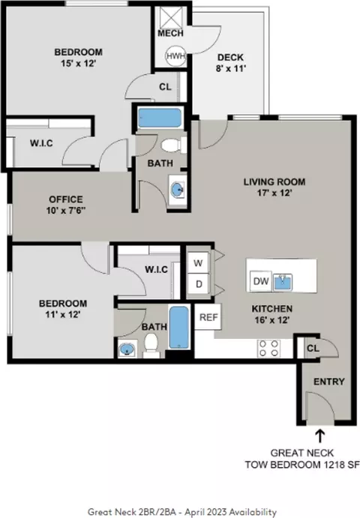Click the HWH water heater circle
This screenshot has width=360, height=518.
coord(175,55)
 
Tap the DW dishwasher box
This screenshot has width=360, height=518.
coord(261,281)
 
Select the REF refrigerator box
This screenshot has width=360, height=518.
coord(208,317)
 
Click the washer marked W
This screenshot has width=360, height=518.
coord(198,263)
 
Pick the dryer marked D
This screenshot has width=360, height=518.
coord(198,284)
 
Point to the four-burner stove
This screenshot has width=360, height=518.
coord(268,348)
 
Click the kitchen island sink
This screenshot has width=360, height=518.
coord(282,282)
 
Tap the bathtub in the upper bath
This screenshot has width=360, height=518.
coord(160,118)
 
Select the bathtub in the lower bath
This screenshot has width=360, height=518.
coord(178,328)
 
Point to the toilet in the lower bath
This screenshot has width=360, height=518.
coord(151,346)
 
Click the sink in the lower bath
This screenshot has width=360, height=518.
coord(127,349)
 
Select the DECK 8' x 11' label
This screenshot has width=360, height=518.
coord(231,63)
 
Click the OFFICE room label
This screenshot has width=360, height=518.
coord(66,199)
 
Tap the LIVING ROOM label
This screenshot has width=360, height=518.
coord(274,181)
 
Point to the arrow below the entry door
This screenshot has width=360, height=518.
coord(320,436)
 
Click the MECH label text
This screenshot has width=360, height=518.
coord(170,33)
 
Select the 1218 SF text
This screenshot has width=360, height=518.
coord(341,465)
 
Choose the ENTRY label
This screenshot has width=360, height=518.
coord(329,382)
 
